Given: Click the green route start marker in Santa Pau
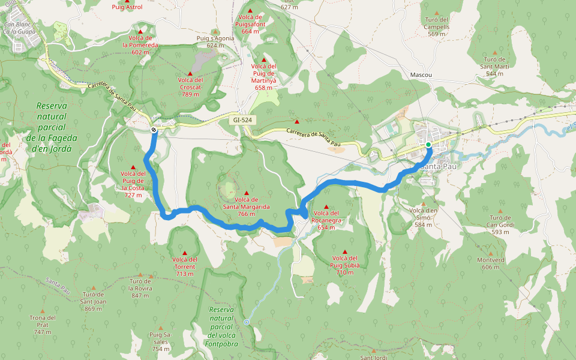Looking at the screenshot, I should [x=428, y=145].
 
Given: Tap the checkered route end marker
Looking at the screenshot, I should [x=154, y=130].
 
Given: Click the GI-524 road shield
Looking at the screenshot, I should [x=242, y=121].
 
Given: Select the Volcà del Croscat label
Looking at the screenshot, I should [x=190, y=86].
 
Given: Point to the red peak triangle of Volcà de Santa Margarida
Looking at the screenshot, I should [x=246, y=193].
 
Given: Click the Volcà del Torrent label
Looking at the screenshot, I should [x=185, y=266].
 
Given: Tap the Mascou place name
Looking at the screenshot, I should [x=421, y=75].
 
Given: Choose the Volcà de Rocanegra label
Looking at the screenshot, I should [x=326, y=220].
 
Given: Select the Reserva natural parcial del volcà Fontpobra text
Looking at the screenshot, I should [x=221, y=326].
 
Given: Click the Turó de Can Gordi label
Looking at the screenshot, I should [x=500, y=224].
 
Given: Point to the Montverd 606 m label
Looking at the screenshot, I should [x=490, y=263].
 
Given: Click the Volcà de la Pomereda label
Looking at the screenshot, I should [x=140, y=44].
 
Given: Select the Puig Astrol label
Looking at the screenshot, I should [x=127, y=7].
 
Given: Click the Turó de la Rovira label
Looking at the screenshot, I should [x=140, y=288].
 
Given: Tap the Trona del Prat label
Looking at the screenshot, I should [x=42, y=325].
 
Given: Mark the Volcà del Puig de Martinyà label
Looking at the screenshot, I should [x=263, y=76].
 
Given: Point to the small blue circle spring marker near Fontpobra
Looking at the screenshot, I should [x=247, y=322].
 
